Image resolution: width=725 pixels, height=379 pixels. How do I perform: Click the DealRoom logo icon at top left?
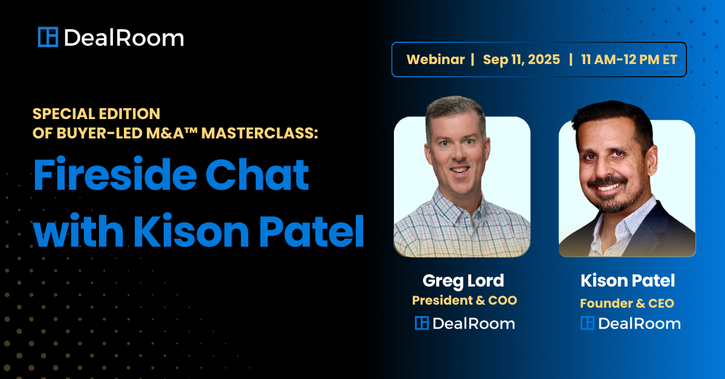click(x=48, y=37)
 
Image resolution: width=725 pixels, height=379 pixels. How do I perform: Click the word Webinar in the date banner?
click(x=436, y=60)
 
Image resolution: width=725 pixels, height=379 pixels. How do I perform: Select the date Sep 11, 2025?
click(x=521, y=60)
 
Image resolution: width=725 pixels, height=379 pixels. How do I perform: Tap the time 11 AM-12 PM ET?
click(x=629, y=60)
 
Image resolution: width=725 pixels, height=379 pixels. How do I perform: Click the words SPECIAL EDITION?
click(x=97, y=114)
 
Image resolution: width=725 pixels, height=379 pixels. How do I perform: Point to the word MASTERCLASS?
click(x=260, y=133)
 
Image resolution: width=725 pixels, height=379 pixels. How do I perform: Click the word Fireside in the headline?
click(x=115, y=174)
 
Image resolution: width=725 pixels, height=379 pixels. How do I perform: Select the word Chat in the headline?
click(x=257, y=174)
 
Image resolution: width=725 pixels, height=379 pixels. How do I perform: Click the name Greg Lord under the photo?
click(x=463, y=281)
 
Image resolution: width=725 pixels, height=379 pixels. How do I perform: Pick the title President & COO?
click(x=465, y=300)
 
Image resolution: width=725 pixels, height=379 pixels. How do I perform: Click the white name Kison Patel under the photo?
click(x=628, y=280)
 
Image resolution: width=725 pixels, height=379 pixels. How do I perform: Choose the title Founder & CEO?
click(x=627, y=303)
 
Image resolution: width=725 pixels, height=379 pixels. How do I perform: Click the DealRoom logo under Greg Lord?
click(x=465, y=323)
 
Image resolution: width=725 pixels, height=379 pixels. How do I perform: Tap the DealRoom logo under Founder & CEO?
click(x=631, y=323)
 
